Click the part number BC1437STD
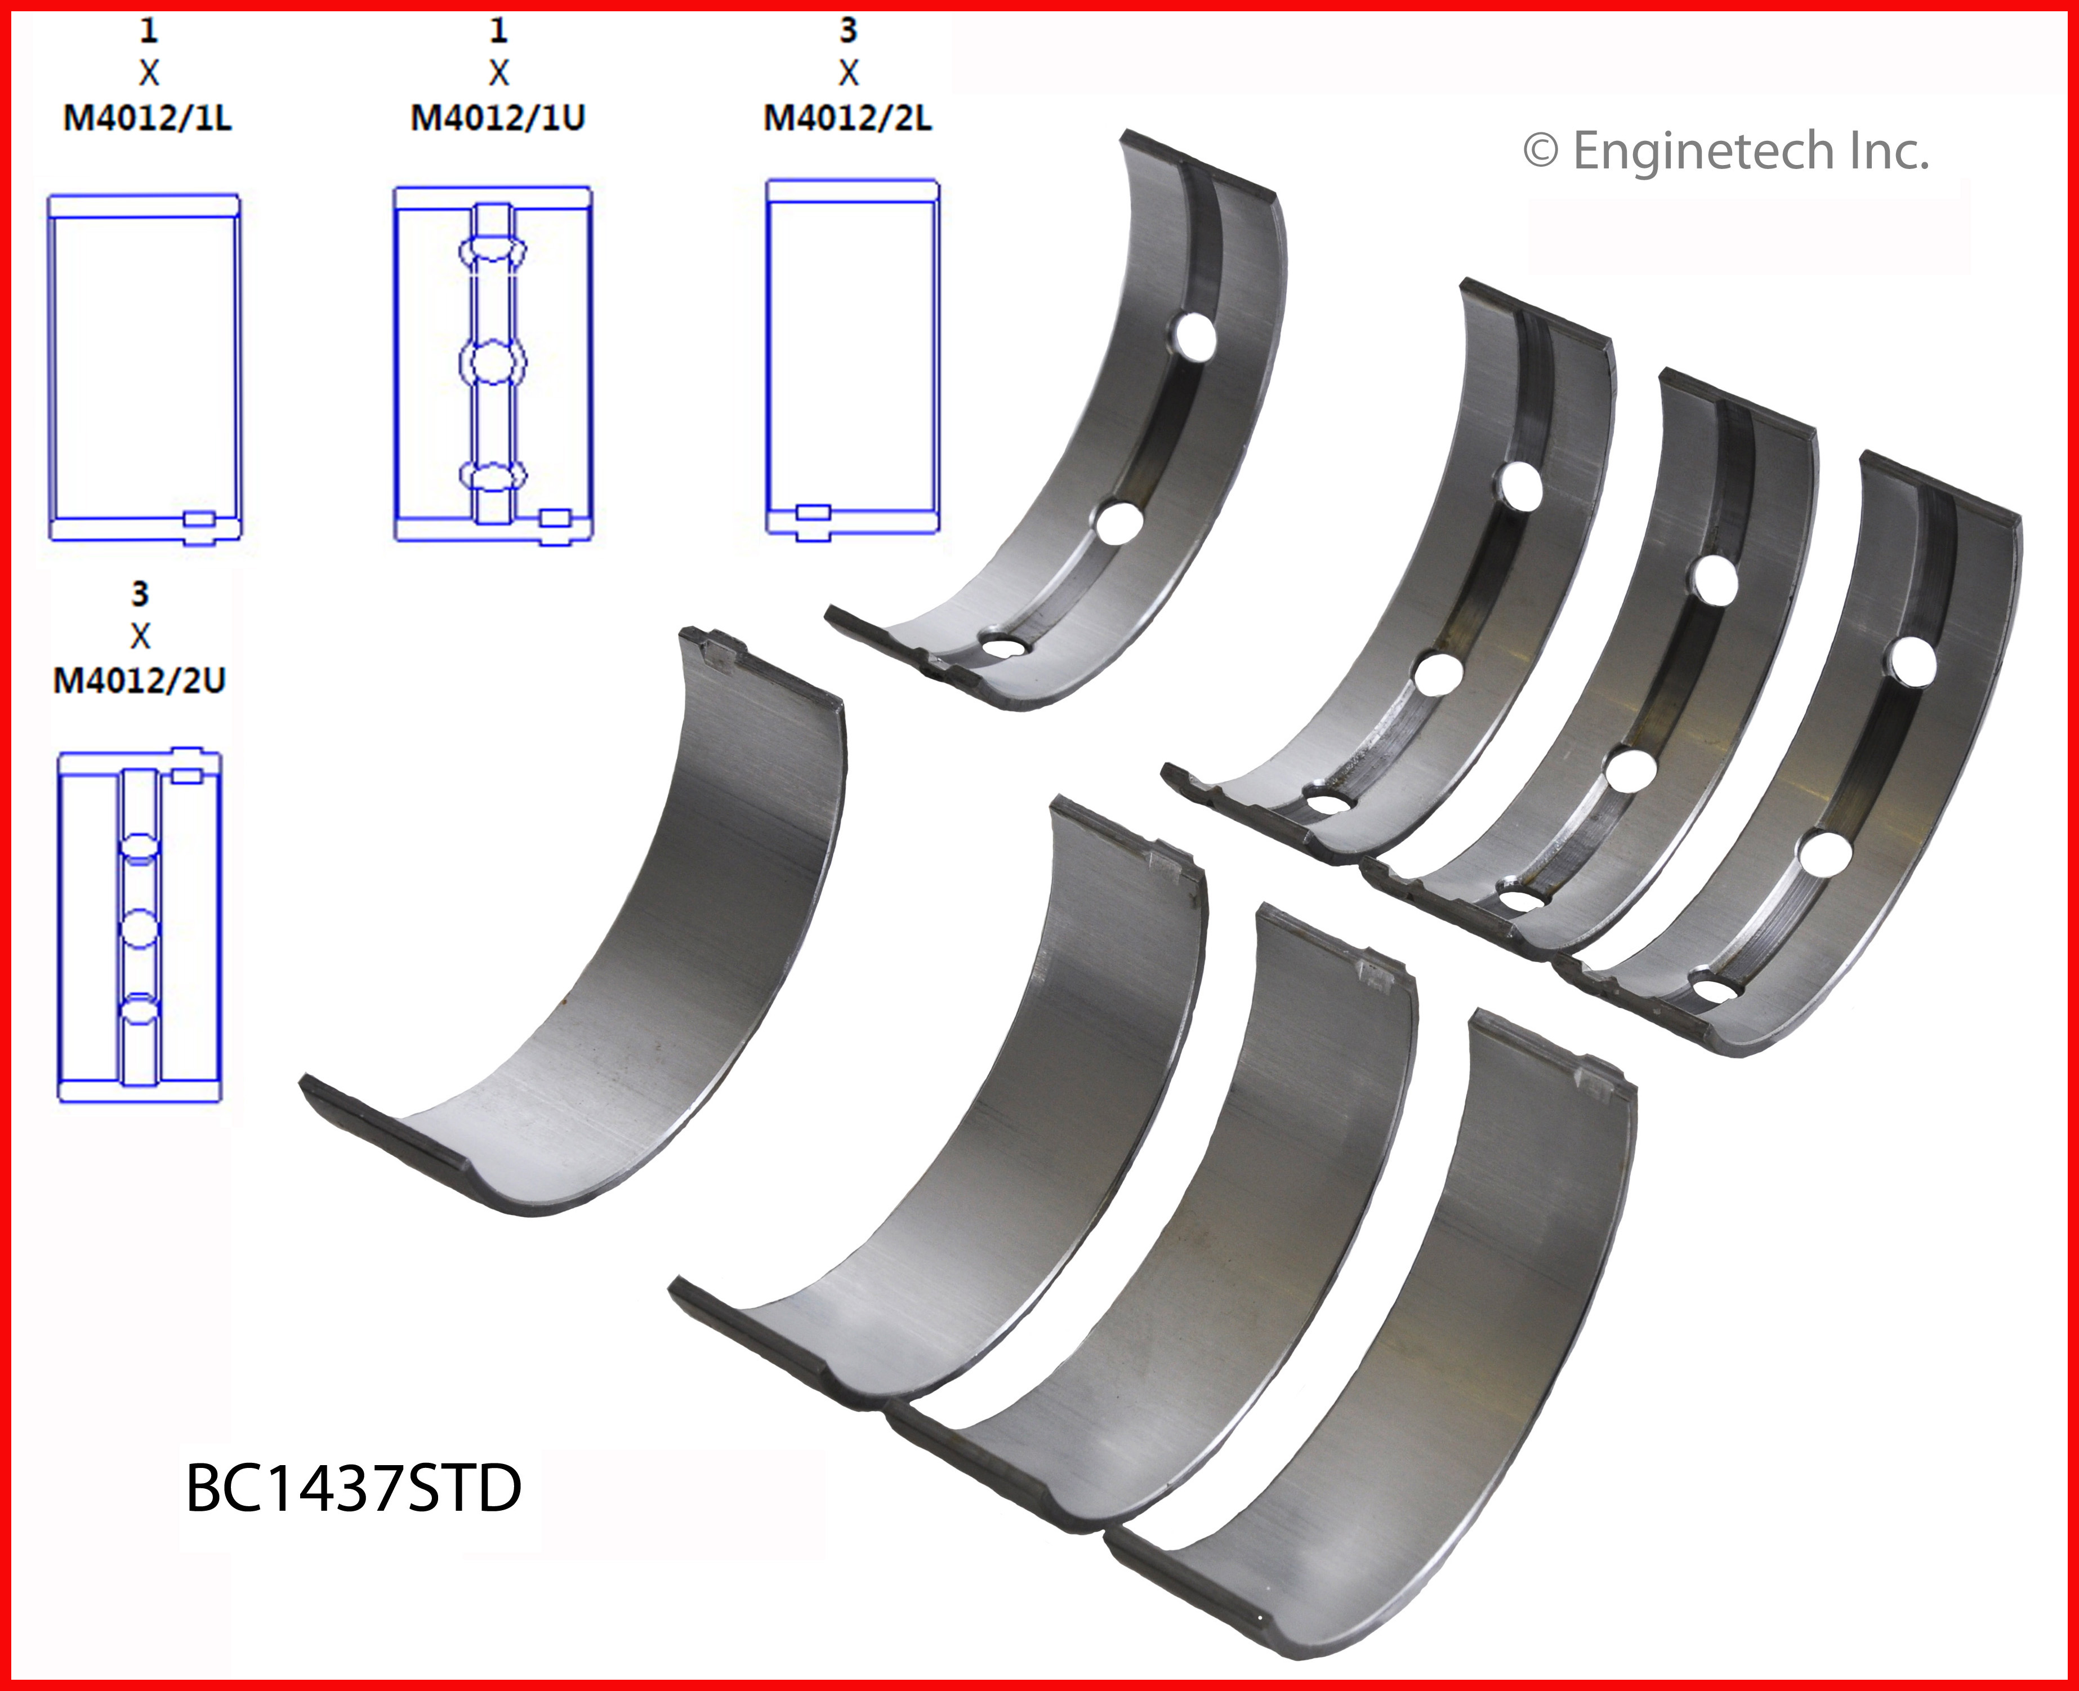pyautogui.click(x=354, y=1488)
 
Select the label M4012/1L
pyautogui.click(x=147, y=118)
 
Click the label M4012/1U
pyautogui.click(x=498, y=118)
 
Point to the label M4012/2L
pyautogui.click(x=847, y=118)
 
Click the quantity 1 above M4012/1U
pyautogui.click(x=498, y=30)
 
